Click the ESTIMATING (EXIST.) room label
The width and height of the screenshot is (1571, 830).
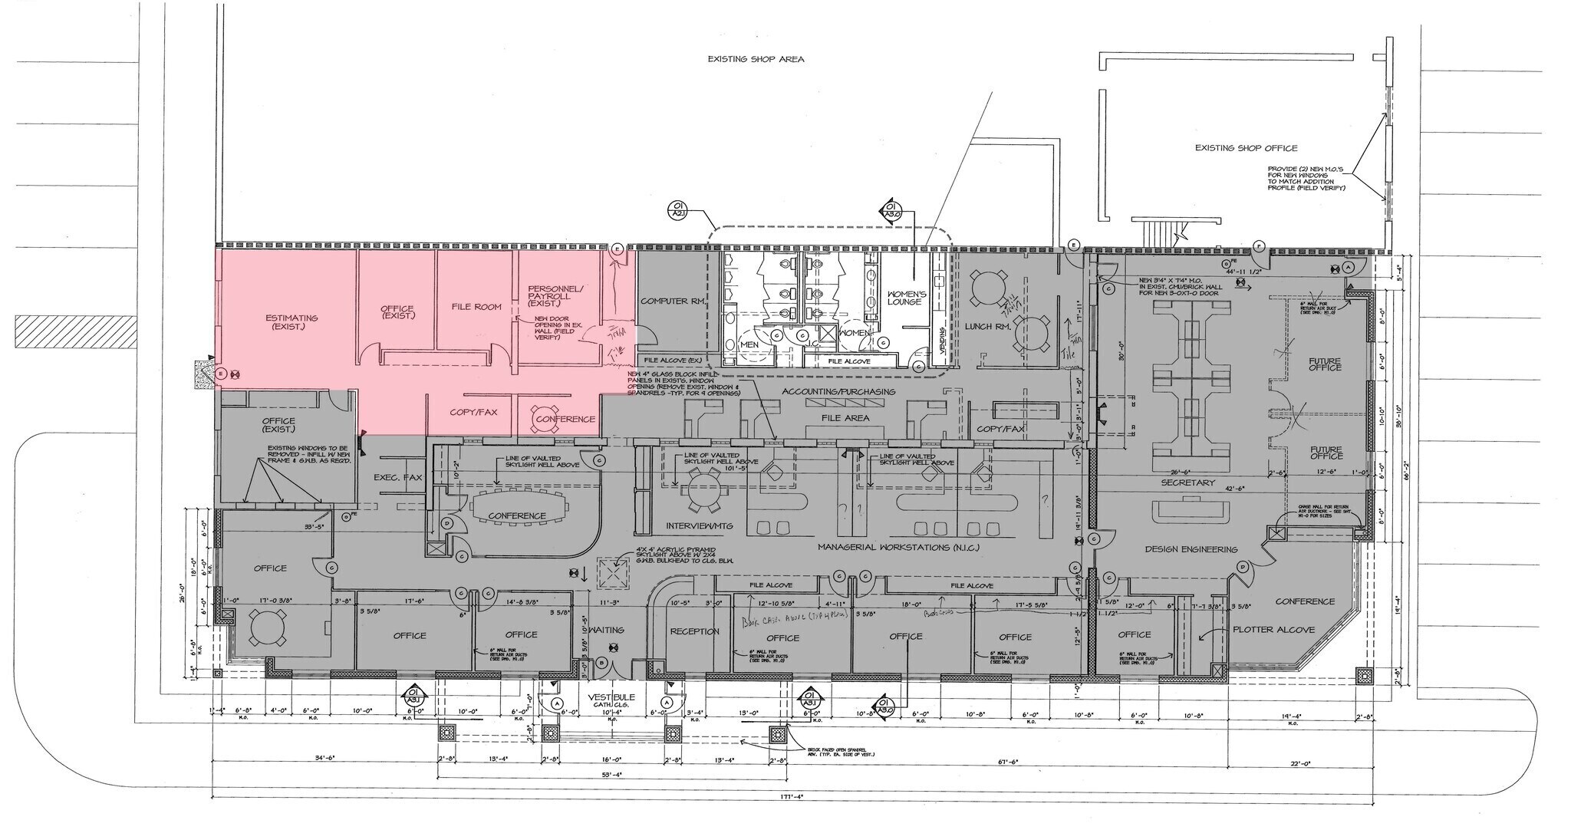tap(291, 322)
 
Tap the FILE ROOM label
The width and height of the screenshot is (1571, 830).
tap(476, 307)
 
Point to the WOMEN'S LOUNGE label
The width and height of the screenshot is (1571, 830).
tap(907, 298)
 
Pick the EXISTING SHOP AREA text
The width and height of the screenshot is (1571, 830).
tap(756, 59)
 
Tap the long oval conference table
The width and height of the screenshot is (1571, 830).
tap(517, 515)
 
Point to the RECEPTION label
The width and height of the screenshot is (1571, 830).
tap(694, 631)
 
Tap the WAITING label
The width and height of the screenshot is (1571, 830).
tap(606, 630)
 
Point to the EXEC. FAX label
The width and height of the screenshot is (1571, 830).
tap(397, 477)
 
